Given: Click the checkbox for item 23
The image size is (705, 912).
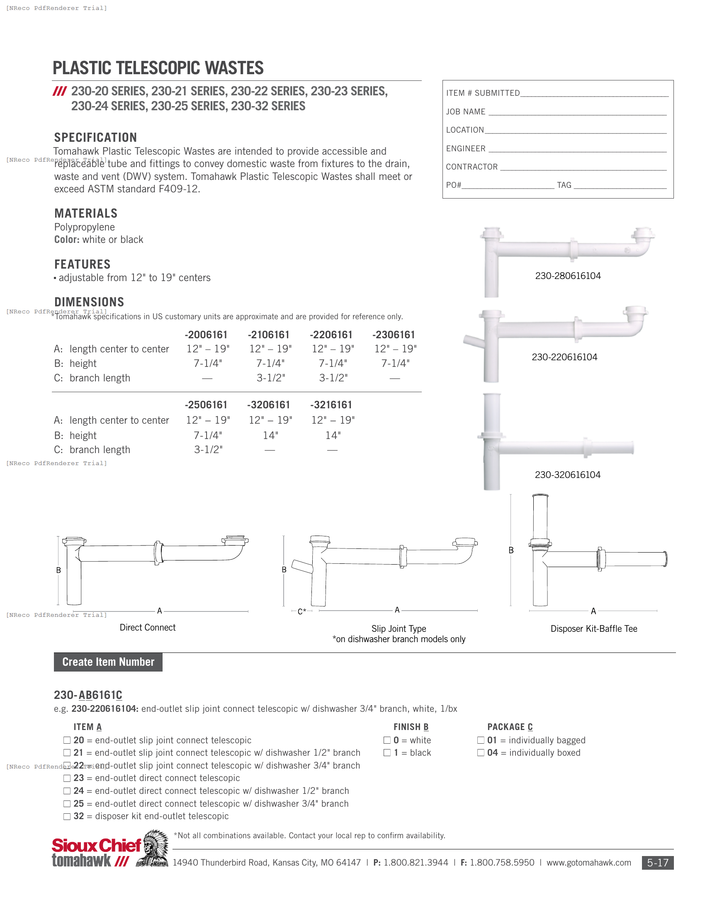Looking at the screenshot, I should (x=67, y=779).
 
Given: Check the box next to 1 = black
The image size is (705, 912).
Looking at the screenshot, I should (x=387, y=753).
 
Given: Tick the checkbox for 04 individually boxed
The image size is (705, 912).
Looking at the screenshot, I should (x=481, y=753).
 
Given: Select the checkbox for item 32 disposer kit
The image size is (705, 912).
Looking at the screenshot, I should (x=67, y=816).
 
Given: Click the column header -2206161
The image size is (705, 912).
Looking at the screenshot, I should (x=331, y=335).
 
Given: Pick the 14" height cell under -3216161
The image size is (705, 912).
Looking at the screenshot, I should (x=333, y=436).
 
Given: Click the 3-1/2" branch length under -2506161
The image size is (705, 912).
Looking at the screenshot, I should (x=208, y=450).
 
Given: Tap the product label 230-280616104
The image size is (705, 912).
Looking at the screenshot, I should (x=568, y=276).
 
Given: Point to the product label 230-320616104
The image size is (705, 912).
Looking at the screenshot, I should (x=567, y=475).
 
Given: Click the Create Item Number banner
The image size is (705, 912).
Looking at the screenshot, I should (x=108, y=662).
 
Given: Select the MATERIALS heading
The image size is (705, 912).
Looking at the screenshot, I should (x=85, y=213).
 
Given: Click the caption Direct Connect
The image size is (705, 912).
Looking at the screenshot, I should (x=148, y=627).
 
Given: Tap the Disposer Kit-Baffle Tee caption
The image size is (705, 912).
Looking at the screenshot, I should (x=593, y=628).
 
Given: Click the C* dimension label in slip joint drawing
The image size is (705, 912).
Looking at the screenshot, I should (x=301, y=612).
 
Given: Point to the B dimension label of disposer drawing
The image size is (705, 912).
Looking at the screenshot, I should (x=511, y=551).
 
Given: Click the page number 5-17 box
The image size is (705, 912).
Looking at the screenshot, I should (x=657, y=863).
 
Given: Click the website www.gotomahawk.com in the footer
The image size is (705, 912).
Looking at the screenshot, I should (x=588, y=863).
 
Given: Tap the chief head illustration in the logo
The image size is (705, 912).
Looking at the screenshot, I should (x=153, y=849).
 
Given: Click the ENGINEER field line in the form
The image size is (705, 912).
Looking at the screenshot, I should (x=577, y=150).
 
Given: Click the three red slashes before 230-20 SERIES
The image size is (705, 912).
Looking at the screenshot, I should (x=60, y=92).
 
